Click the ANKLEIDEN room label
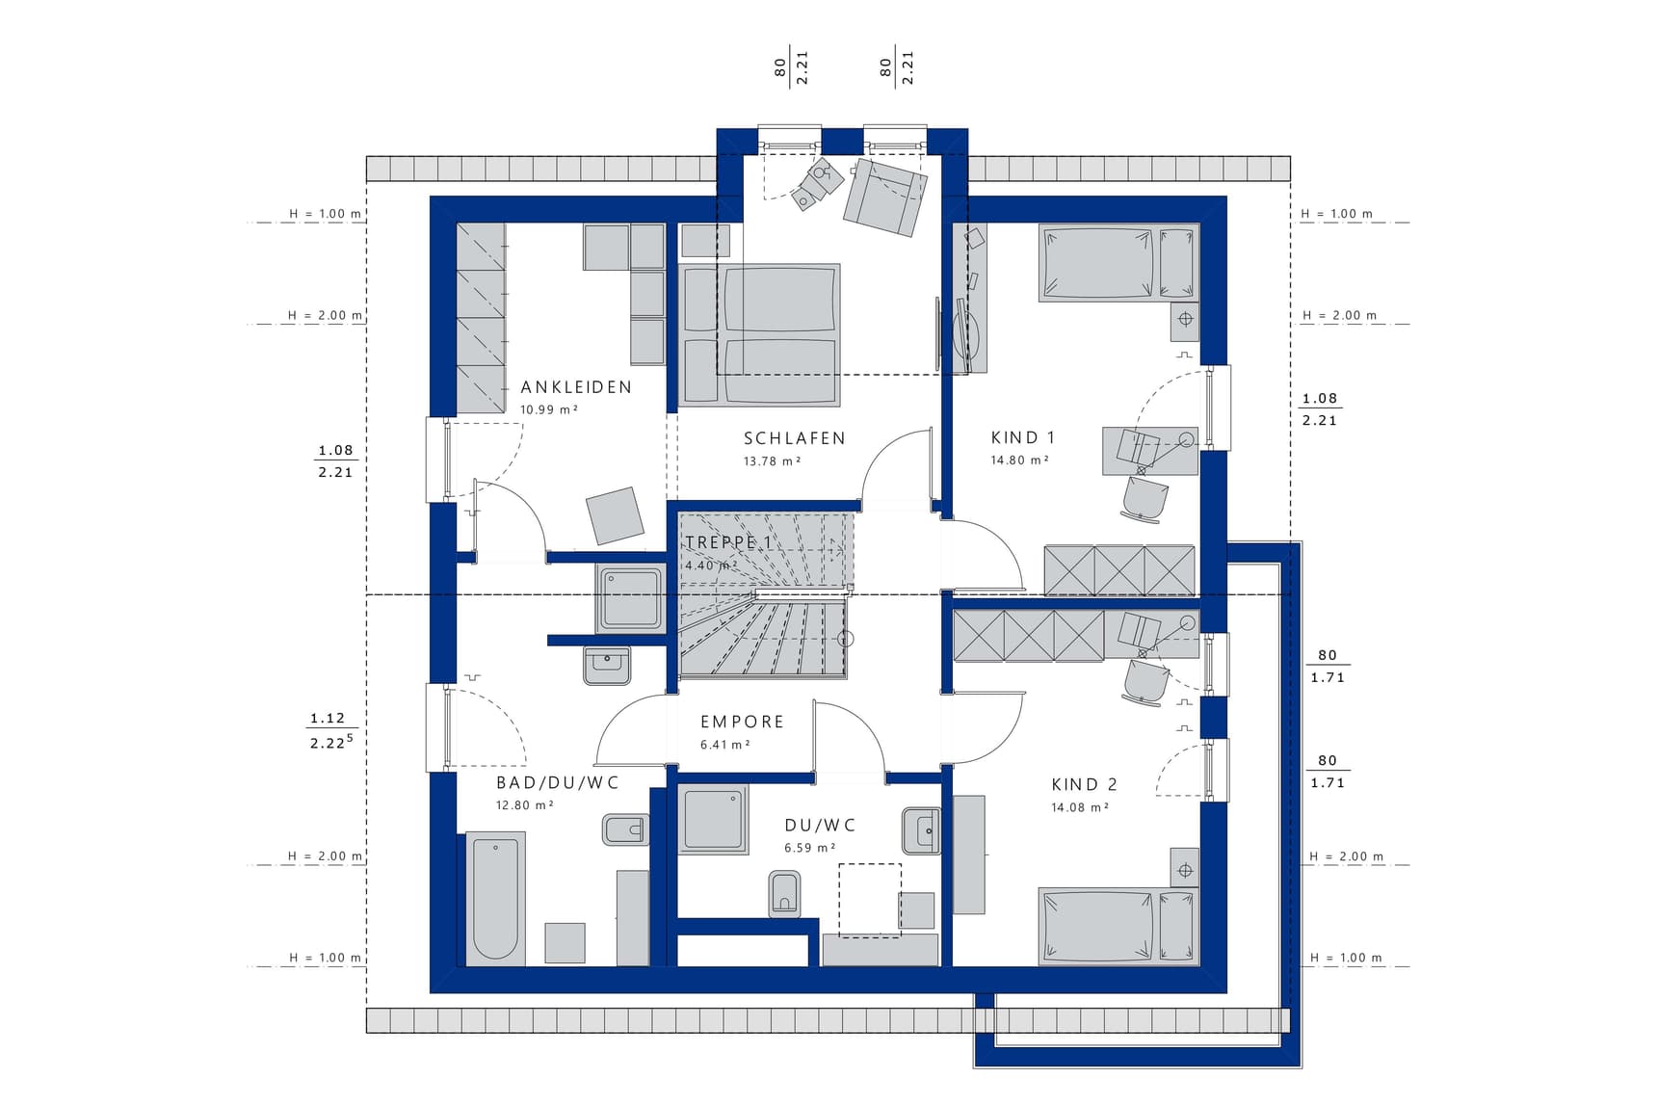(576, 387)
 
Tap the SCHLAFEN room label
(795, 438)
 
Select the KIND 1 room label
(1023, 437)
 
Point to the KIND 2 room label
(1085, 784)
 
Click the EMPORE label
(742, 722)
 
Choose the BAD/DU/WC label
(558, 782)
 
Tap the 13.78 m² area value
(773, 461)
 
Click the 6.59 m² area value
(809, 848)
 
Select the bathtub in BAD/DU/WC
(495, 899)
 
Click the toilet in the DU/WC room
(785, 893)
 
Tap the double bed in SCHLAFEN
(759, 334)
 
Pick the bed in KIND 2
(1118, 925)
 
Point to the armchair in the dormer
(884, 197)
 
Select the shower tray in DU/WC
(713, 819)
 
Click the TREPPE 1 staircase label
(727, 542)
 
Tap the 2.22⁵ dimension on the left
(331, 742)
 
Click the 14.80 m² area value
(1019, 460)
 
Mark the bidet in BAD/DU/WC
(624, 829)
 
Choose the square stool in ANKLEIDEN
(615, 515)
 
